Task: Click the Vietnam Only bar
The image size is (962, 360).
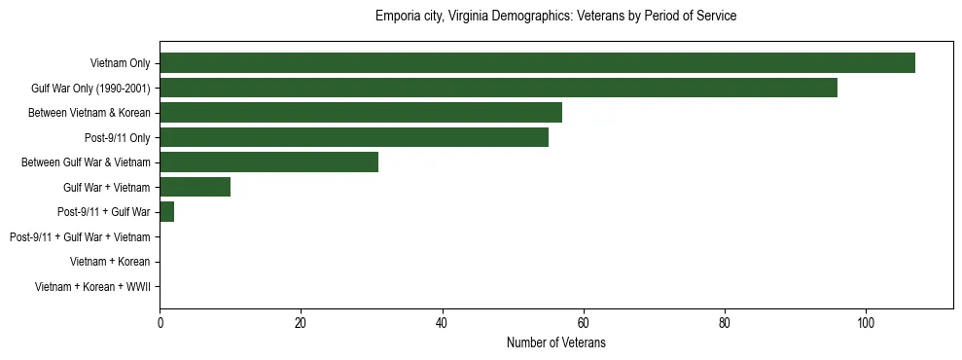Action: (537, 63)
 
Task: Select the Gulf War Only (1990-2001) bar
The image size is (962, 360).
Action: (498, 88)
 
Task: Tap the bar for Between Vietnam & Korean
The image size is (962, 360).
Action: (361, 113)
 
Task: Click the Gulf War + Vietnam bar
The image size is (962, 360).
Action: (195, 187)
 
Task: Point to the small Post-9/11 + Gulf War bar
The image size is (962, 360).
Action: (166, 212)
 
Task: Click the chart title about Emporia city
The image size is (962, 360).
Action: (555, 17)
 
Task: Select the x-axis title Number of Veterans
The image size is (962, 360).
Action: (555, 342)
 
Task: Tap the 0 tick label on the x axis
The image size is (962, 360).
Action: (160, 323)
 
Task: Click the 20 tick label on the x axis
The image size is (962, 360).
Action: (301, 323)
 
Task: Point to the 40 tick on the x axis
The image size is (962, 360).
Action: (442, 323)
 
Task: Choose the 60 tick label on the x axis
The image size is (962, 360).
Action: (583, 323)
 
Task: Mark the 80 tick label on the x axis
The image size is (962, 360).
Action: (724, 323)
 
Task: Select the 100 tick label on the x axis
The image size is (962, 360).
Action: (865, 323)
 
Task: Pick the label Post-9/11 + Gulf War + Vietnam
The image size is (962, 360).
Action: (80, 236)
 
